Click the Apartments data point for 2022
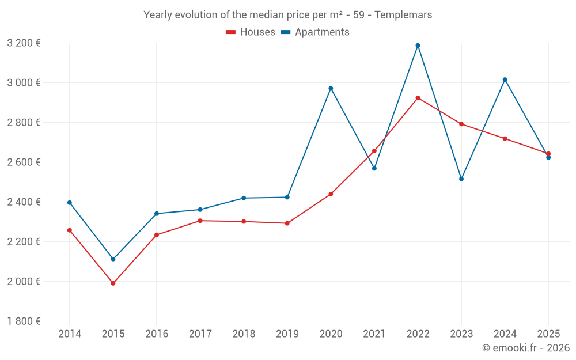click(x=418, y=46)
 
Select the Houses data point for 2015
click(x=113, y=283)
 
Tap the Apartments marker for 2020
click(x=331, y=88)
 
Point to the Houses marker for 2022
click(x=418, y=98)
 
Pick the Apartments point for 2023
click(x=461, y=179)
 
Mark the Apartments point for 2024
click(x=505, y=79)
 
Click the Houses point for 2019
click(x=287, y=223)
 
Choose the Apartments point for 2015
click(x=113, y=259)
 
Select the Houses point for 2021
click(x=374, y=151)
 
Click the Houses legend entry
click(x=251, y=32)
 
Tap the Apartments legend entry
click(x=315, y=32)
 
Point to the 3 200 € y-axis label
click(x=24, y=43)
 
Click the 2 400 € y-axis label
click(x=24, y=202)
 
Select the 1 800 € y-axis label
click(x=24, y=321)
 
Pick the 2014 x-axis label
click(x=70, y=334)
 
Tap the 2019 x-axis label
click(x=287, y=334)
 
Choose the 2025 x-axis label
click(x=548, y=334)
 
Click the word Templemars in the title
click(x=403, y=15)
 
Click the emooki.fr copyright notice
click(x=526, y=348)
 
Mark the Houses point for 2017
click(x=200, y=221)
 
